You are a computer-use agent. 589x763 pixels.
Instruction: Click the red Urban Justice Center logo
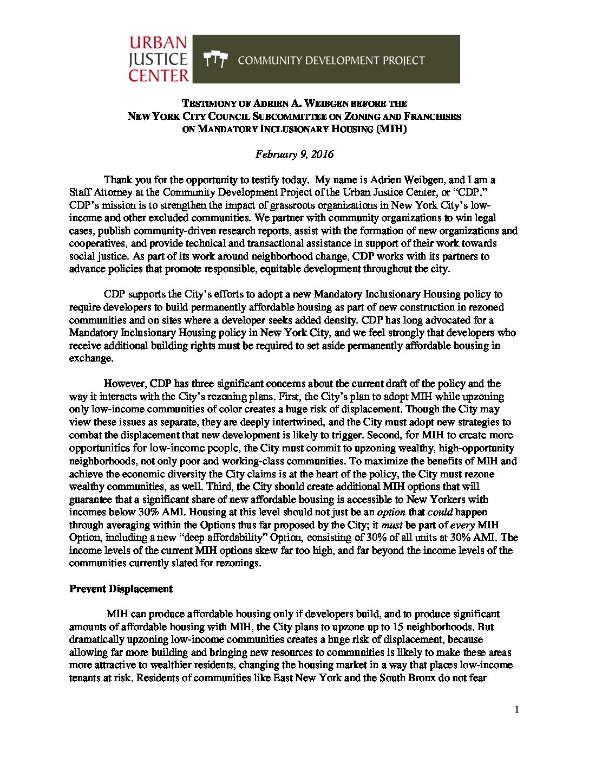tap(158, 59)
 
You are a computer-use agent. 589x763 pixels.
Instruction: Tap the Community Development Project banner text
tap(331, 60)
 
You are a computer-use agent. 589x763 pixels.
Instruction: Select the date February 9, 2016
tap(294, 154)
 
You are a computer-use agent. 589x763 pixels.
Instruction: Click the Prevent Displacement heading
tap(121, 589)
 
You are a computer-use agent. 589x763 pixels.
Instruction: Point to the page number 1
tap(516, 710)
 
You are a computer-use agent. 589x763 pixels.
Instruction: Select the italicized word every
tap(463, 525)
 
